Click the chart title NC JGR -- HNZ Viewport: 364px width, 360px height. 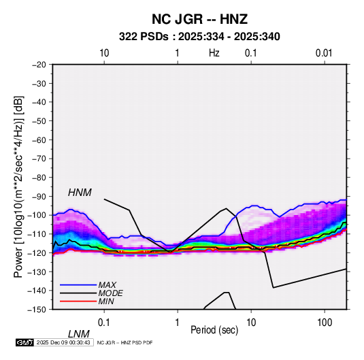(x=199, y=19)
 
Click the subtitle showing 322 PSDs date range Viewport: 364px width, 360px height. (x=199, y=37)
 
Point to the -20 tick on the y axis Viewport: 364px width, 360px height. (x=39, y=65)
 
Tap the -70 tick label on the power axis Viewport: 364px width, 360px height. (x=39, y=159)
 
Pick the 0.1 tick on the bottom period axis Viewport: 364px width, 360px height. (x=104, y=323)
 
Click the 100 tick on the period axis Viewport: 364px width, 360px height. (x=325, y=323)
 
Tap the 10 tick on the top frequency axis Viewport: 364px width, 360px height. (x=104, y=53)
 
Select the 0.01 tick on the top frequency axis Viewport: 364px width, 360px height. (x=324, y=53)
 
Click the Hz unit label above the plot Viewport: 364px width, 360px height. (x=214, y=53)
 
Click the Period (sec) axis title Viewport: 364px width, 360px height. (x=214, y=330)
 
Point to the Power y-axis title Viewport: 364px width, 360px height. (x=18, y=187)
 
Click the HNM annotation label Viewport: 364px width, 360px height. (x=80, y=193)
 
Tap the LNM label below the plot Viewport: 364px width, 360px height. (x=78, y=334)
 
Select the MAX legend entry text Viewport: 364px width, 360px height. (x=107, y=284)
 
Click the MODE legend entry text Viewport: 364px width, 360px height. (x=110, y=293)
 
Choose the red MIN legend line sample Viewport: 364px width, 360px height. (x=78, y=301)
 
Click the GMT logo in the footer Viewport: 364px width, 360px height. (x=24, y=342)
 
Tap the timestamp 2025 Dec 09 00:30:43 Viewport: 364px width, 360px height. (x=63, y=342)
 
